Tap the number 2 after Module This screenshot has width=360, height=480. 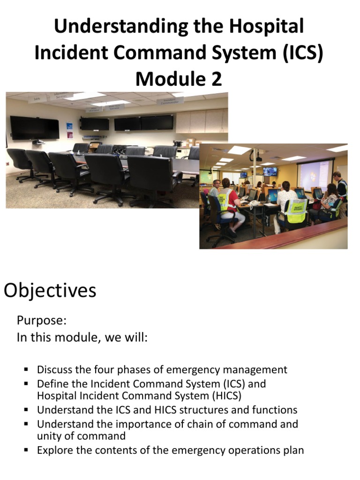[x=216, y=79]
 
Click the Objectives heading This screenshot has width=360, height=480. [x=50, y=291]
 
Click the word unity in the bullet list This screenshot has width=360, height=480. [x=48, y=436]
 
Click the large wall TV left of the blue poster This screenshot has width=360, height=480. [x=35, y=128]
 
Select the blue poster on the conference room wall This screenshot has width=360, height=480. [x=69, y=131]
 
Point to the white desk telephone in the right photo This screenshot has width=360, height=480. [x=254, y=203]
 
